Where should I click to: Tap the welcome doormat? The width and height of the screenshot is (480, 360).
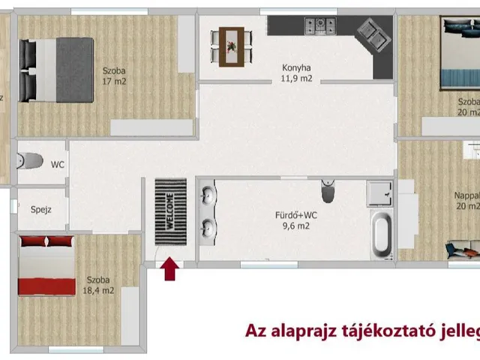tap(170, 210)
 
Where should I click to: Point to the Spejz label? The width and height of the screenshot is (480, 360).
tap(41, 211)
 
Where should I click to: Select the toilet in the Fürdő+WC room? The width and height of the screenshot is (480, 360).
tap(328, 192)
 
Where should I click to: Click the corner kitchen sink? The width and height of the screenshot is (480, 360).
tap(373, 33)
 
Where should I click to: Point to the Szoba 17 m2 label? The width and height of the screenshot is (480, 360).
tap(115, 76)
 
